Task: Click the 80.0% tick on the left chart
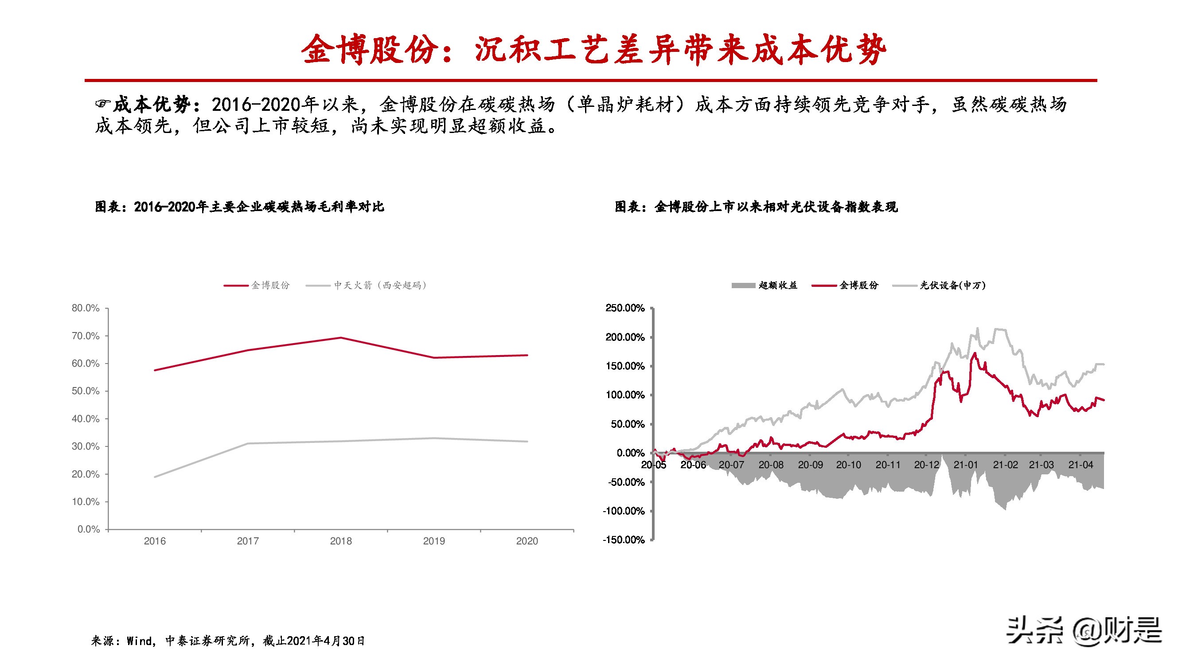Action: coord(86,308)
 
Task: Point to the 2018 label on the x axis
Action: coord(340,541)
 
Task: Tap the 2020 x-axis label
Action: coord(527,541)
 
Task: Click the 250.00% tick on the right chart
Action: coord(624,308)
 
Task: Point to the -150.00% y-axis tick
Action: coord(624,540)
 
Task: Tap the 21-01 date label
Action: coord(965,465)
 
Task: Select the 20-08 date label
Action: coord(771,465)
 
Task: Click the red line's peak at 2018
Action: coord(340,338)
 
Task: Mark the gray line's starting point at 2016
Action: coord(155,477)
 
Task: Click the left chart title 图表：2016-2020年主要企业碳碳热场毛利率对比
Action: coord(239,207)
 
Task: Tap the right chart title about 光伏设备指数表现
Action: coord(756,207)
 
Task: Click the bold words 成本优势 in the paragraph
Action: coord(152,105)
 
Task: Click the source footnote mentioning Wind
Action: coord(228,641)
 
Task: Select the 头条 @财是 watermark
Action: coord(1083,631)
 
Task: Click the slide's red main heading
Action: coord(594,50)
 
